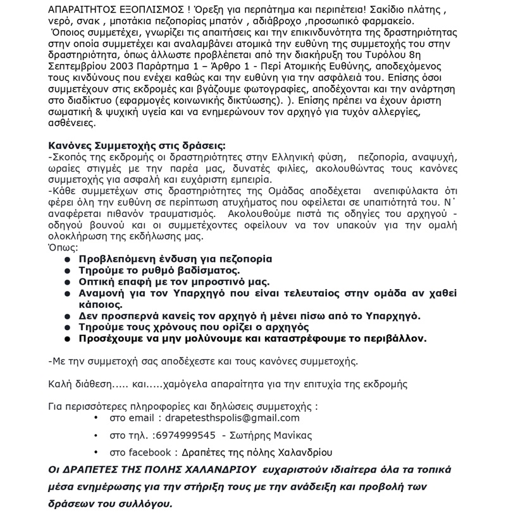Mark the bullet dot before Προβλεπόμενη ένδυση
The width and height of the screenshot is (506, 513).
(68, 259)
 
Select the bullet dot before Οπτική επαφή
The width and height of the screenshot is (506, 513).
(68, 281)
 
